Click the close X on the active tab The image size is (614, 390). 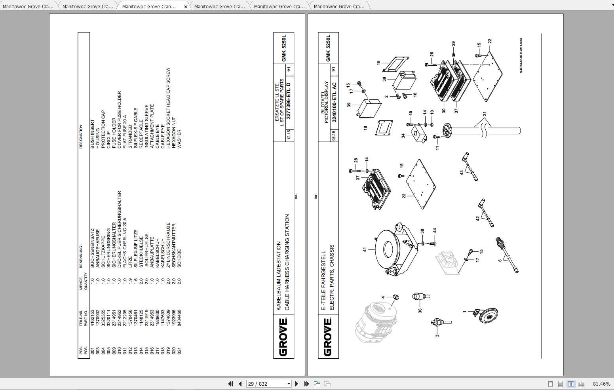coord(186,7)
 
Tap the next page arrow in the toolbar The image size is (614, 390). coord(297,384)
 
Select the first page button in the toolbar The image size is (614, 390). coord(230,384)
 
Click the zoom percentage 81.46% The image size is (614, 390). coord(601,384)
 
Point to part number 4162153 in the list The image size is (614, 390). coord(92,318)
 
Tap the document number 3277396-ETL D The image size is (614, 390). coord(289,101)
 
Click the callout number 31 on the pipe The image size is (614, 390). coord(485,114)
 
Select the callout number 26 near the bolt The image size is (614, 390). coord(432,54)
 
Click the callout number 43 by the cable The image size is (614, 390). coord(462,173)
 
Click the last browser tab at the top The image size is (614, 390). coord(339,7)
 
